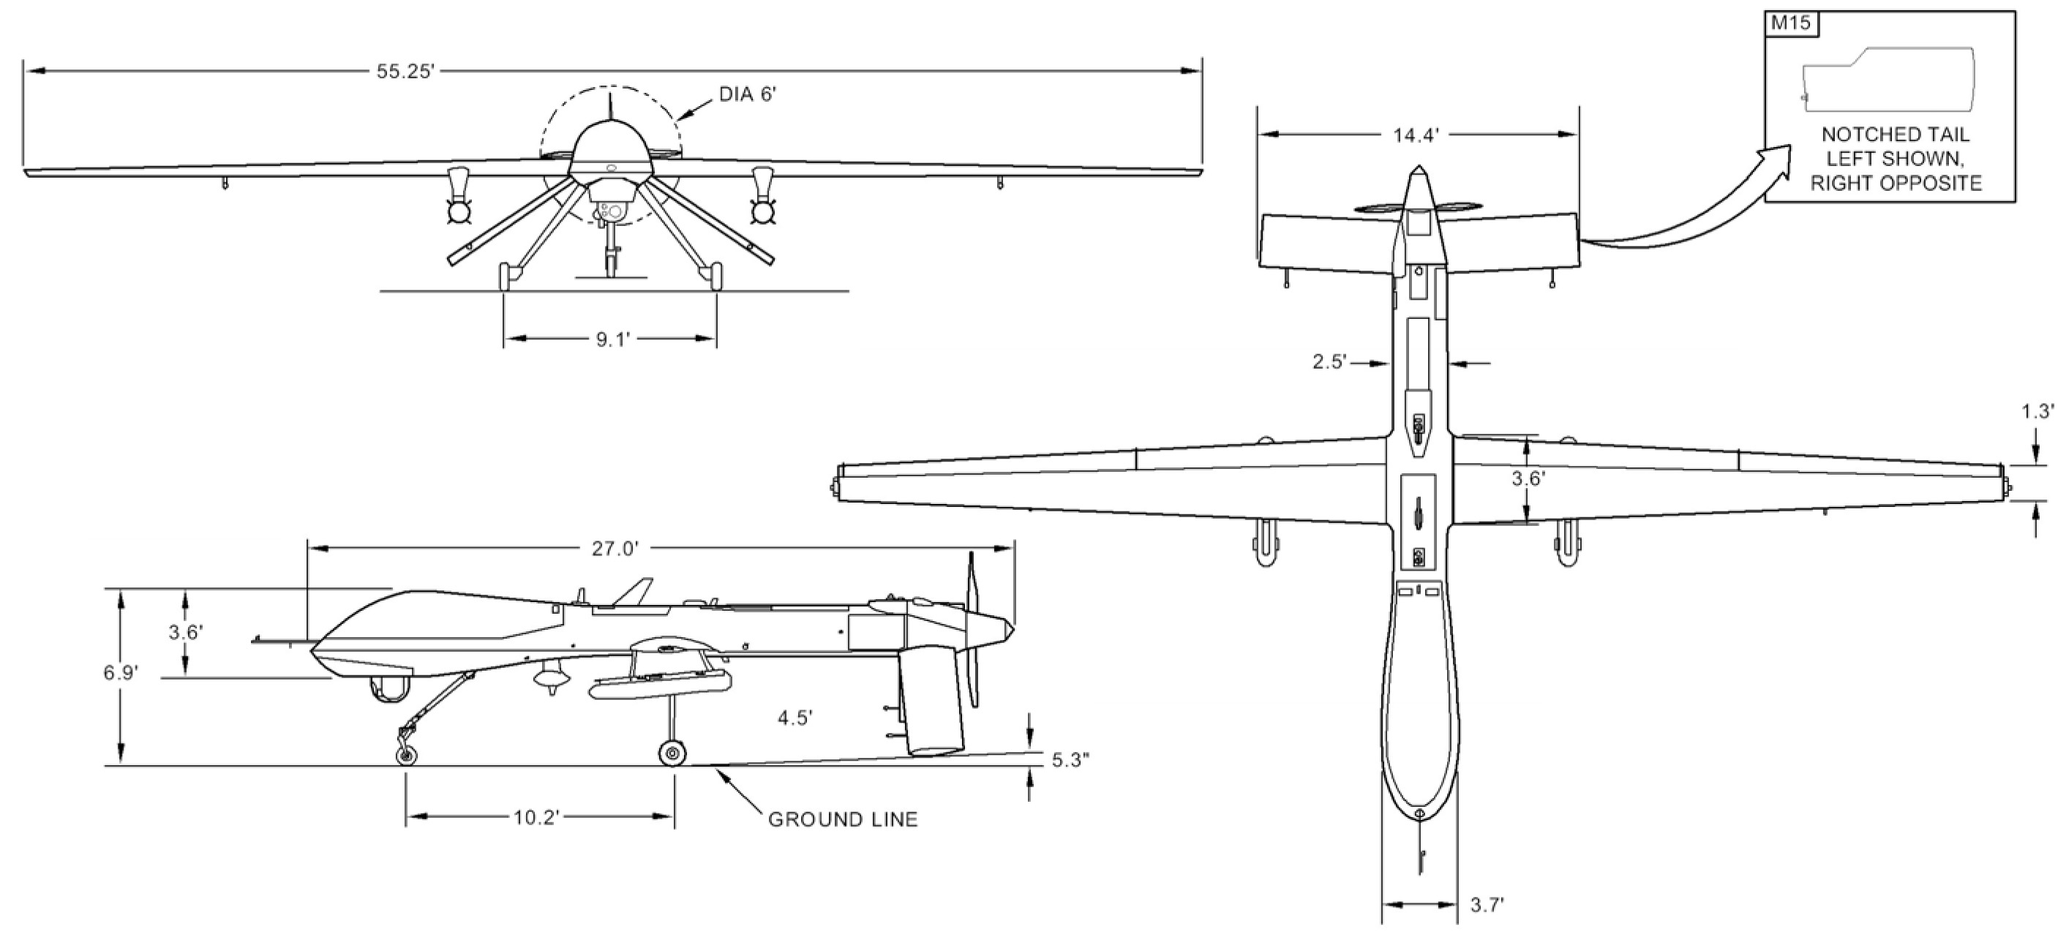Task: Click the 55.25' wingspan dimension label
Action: [406, 72]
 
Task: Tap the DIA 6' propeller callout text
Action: [748, 94]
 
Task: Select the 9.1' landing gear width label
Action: [614, 340]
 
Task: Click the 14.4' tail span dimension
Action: [1416, 135]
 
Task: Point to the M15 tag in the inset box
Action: [1791, 23]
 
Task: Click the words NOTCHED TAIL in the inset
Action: [1895, 134]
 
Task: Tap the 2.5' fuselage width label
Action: [1329, 363]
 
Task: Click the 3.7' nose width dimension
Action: [1487, 906]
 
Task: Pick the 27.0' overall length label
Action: [615, 549]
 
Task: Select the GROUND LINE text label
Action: [843, 820]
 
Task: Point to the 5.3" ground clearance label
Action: [1071, 760]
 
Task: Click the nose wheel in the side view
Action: [407, 755]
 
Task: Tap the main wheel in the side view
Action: [672, 753]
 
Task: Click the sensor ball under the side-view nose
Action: [390, 688]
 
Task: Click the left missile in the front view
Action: [458, 198]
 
